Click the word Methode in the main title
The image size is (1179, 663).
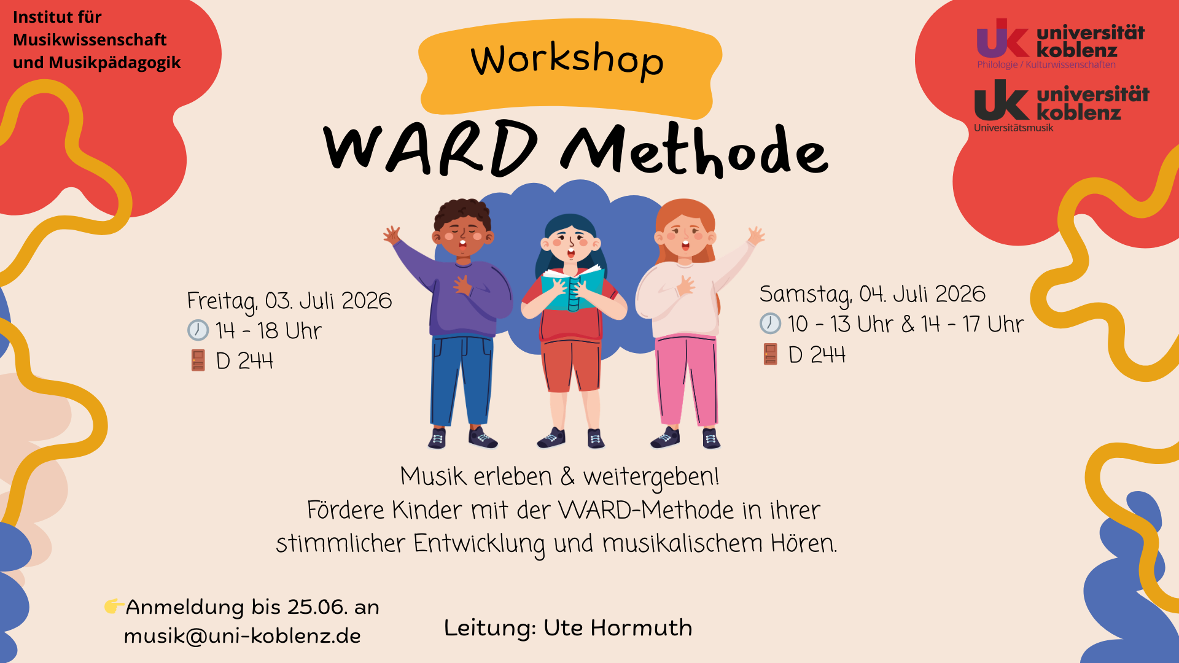click(695, 151)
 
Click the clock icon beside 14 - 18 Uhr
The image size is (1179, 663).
click(198, 330)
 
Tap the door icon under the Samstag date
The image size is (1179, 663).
click(770, 354)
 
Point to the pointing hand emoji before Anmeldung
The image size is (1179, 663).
click(114, 606)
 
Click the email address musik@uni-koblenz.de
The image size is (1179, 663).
click(242, 635)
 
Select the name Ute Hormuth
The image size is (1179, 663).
click(618, 627)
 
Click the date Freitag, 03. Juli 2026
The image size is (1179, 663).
click(289, 301)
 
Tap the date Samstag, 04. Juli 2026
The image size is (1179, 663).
click(873, 295)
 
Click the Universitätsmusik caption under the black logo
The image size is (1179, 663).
click(1013, 128)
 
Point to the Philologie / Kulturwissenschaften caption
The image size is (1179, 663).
click(1046, 64)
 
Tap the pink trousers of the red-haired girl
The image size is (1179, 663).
click(686, 381)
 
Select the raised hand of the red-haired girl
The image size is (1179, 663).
click(756, 235)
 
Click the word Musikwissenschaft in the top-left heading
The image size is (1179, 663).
click(90, 40)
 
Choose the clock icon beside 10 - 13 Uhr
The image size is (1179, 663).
click(770, 324)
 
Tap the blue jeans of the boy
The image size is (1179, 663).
click(462, 381)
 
